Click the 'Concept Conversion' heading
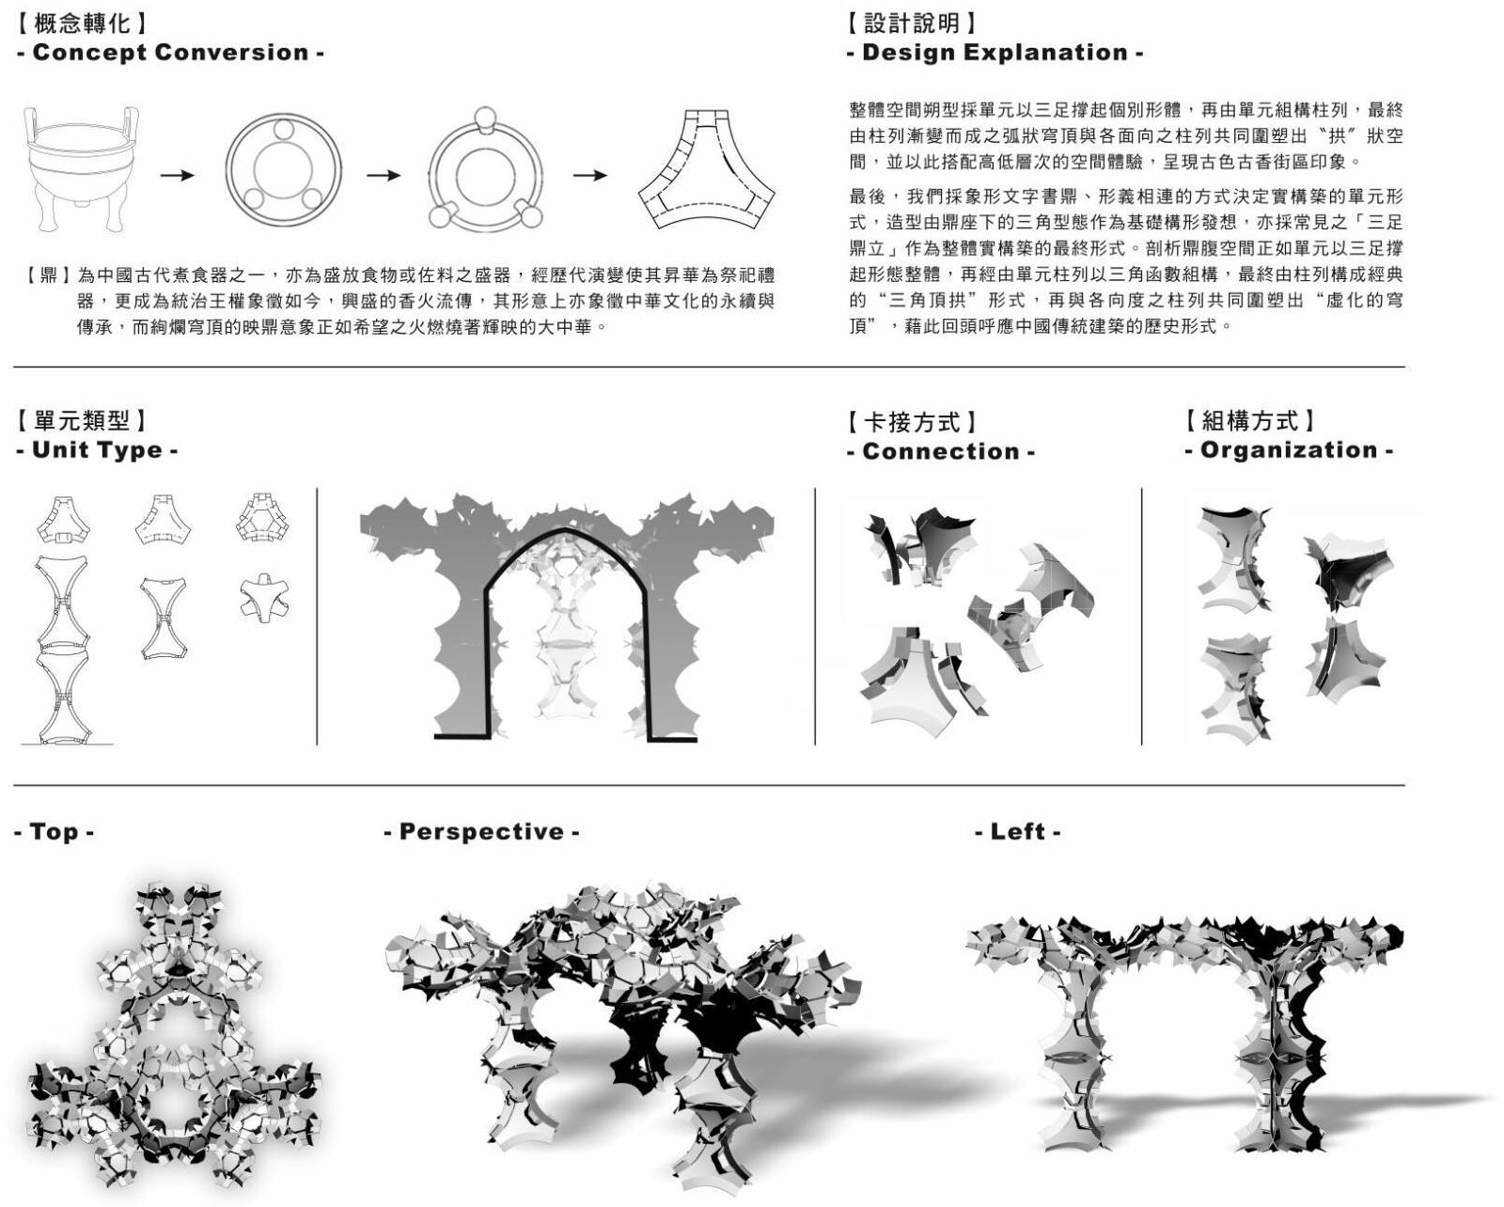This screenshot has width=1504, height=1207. (x=170, y=53)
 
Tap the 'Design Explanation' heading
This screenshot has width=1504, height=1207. (x=994, y=53)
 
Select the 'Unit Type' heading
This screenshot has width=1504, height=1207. (x=97, y=450)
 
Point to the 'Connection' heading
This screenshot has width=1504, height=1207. (x=940, y=451)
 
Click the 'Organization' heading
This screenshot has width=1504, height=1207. (x=1289, y=450)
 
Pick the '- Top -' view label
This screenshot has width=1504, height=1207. (x=54, y=832)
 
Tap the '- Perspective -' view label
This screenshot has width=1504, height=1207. (x=481, y=832)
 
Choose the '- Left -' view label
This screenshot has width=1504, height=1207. (x=1018, y=832)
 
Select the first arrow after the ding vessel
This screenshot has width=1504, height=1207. (x=177, y=176)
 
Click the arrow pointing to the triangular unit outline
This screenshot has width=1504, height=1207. (x=589, y=176)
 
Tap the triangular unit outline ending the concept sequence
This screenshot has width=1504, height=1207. (x=707, y=170)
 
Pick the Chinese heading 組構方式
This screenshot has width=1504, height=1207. (x=1249, y=421)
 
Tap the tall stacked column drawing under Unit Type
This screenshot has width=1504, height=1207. (x=62, y=649)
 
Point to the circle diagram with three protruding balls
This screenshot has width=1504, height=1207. (x=485, y=175)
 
